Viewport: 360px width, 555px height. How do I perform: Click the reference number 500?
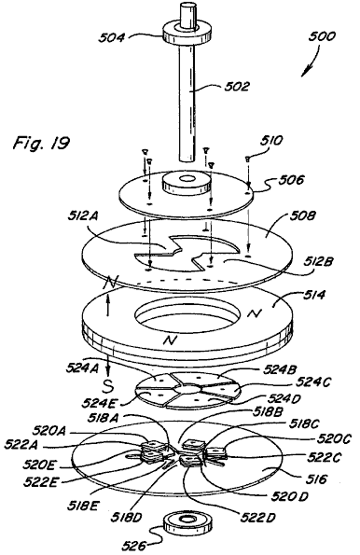point(322,36)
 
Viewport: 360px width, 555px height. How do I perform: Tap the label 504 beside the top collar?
point(111,37)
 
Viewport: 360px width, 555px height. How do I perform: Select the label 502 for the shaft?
point(237,86)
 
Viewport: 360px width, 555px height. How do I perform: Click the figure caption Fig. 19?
point(41,143)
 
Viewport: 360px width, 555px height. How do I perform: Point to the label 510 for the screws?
point(271,141)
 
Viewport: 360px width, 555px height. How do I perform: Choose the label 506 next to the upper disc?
point(291,180)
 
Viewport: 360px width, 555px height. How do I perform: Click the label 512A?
point(83,216)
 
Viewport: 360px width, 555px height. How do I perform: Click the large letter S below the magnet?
point(108,387)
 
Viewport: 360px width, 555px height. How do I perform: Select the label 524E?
point(97,402)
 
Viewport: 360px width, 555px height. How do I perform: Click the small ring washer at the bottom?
point(185,524)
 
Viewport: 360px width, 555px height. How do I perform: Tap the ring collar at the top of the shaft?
point(187,33)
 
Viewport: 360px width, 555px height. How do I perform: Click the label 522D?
point(257,518)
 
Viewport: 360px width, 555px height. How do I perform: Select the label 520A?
point(48,431)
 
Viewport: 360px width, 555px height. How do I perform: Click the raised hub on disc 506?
point(186,184)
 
